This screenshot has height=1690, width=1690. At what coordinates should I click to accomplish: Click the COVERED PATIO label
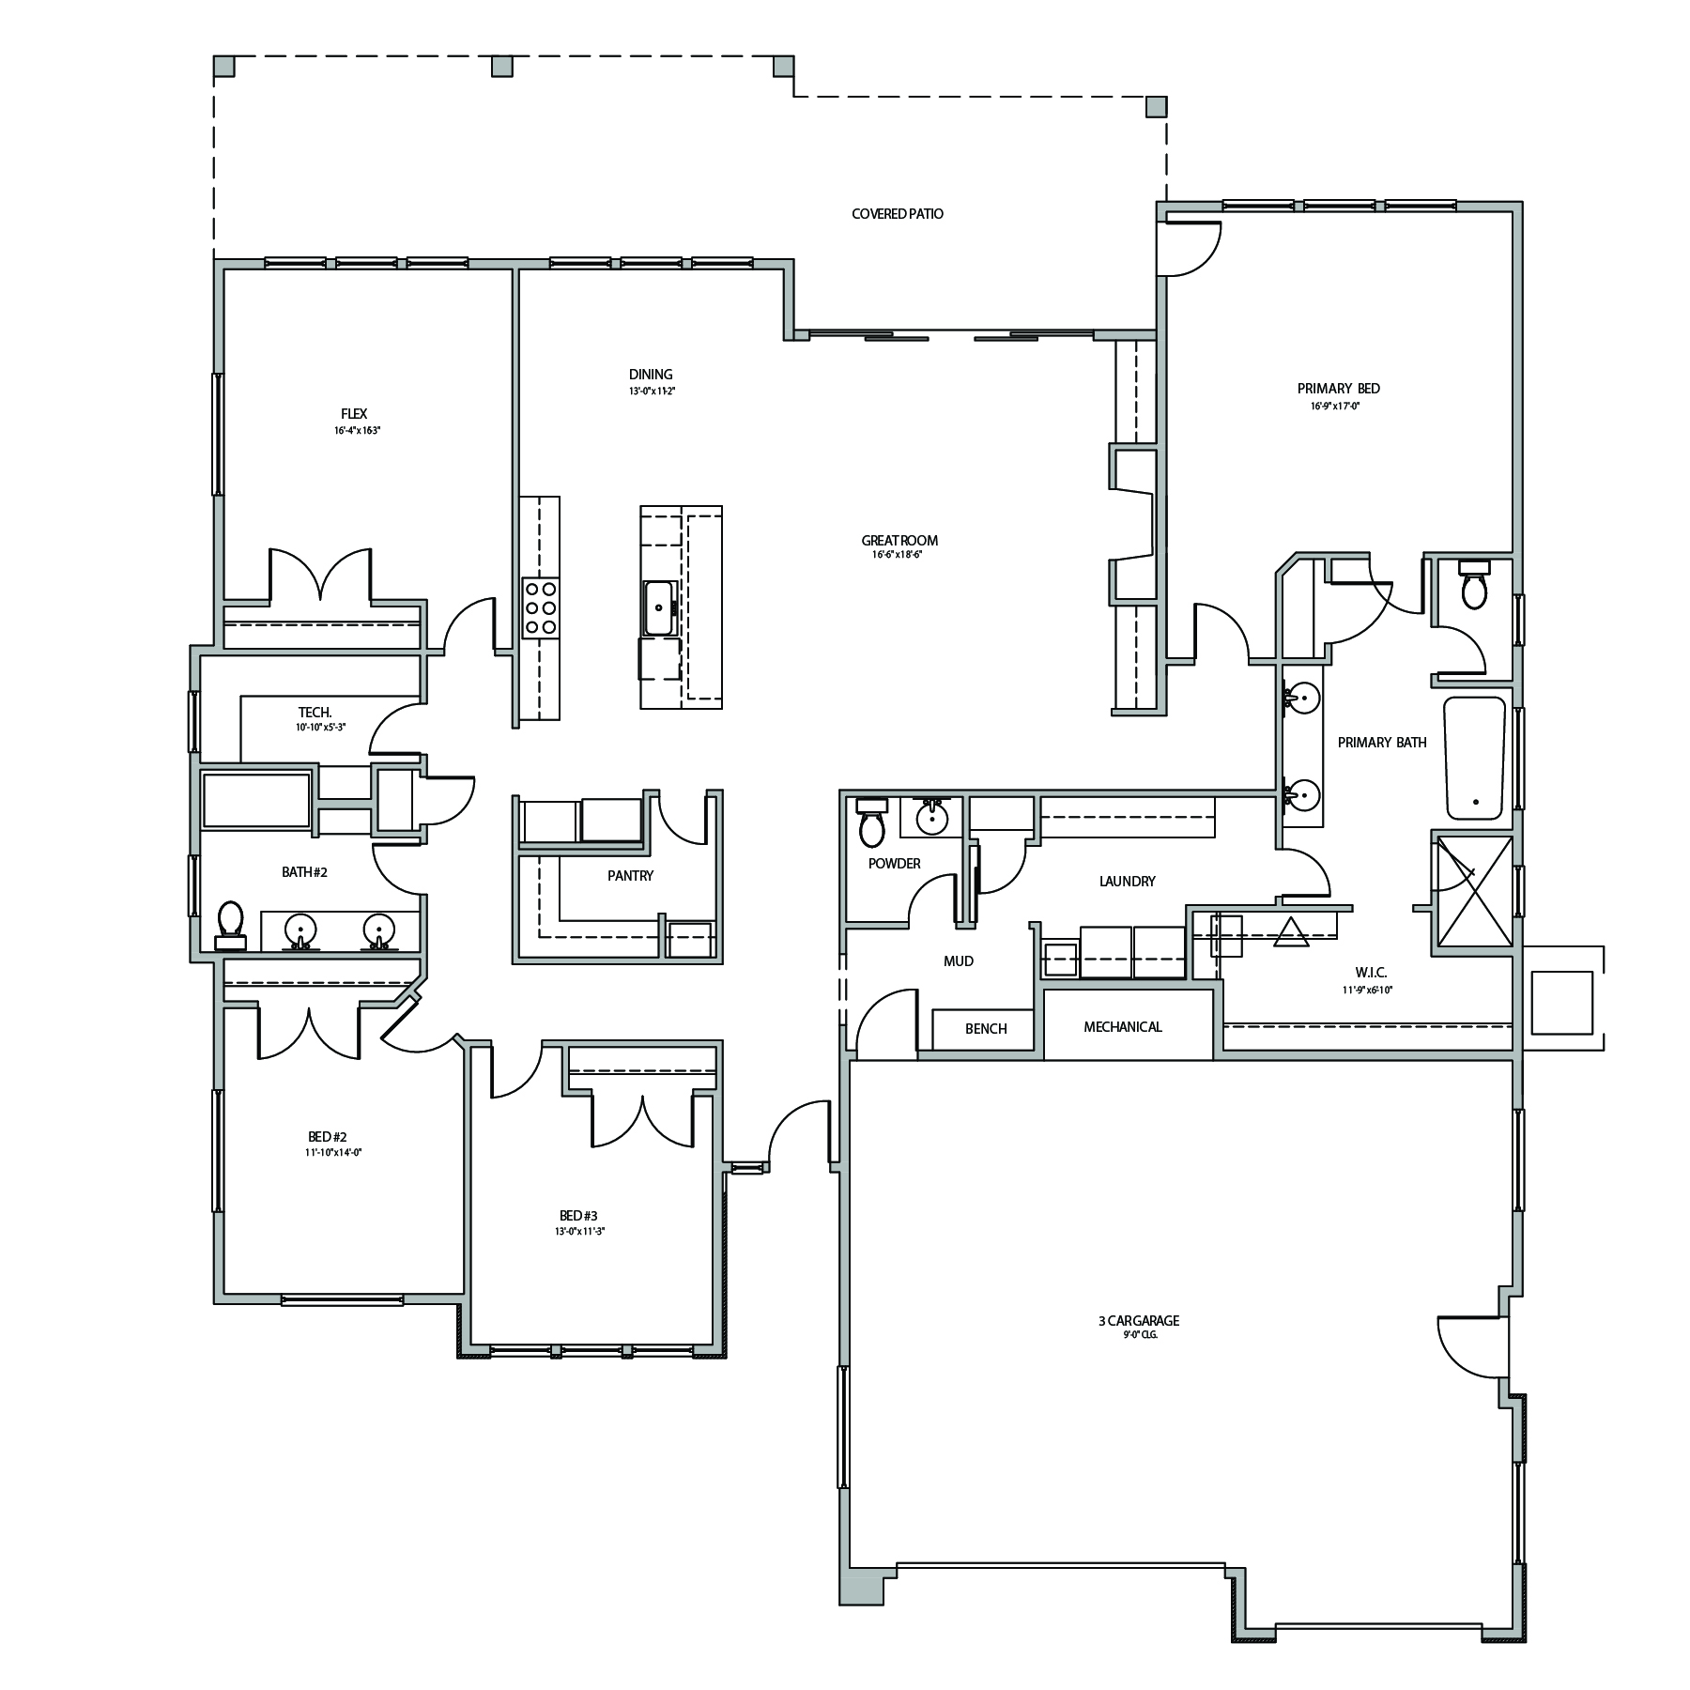tap(898, 214)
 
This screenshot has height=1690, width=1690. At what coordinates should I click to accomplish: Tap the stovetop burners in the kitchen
tap(540, 608)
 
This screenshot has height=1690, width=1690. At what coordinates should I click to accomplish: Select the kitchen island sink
tap(658, 608)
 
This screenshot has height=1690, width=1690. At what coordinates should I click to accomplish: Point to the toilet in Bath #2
tap(230, 925)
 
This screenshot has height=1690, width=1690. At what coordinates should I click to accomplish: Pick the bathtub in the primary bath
tap(1474, 758)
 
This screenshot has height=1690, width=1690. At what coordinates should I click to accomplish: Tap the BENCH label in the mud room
tap(986, 1029)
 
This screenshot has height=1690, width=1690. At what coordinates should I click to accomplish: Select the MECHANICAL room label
tap(1123, 1027)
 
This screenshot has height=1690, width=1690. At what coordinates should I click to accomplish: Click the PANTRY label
tap(630, 876)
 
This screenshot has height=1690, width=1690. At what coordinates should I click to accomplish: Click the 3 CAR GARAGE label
tap(1138, 1321)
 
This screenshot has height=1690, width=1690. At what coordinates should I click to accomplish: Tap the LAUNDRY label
tap(1127, 882)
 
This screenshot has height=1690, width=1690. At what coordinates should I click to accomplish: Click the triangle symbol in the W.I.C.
tap(1292, 932)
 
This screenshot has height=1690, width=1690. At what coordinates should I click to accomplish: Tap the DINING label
tap(651, 375)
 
